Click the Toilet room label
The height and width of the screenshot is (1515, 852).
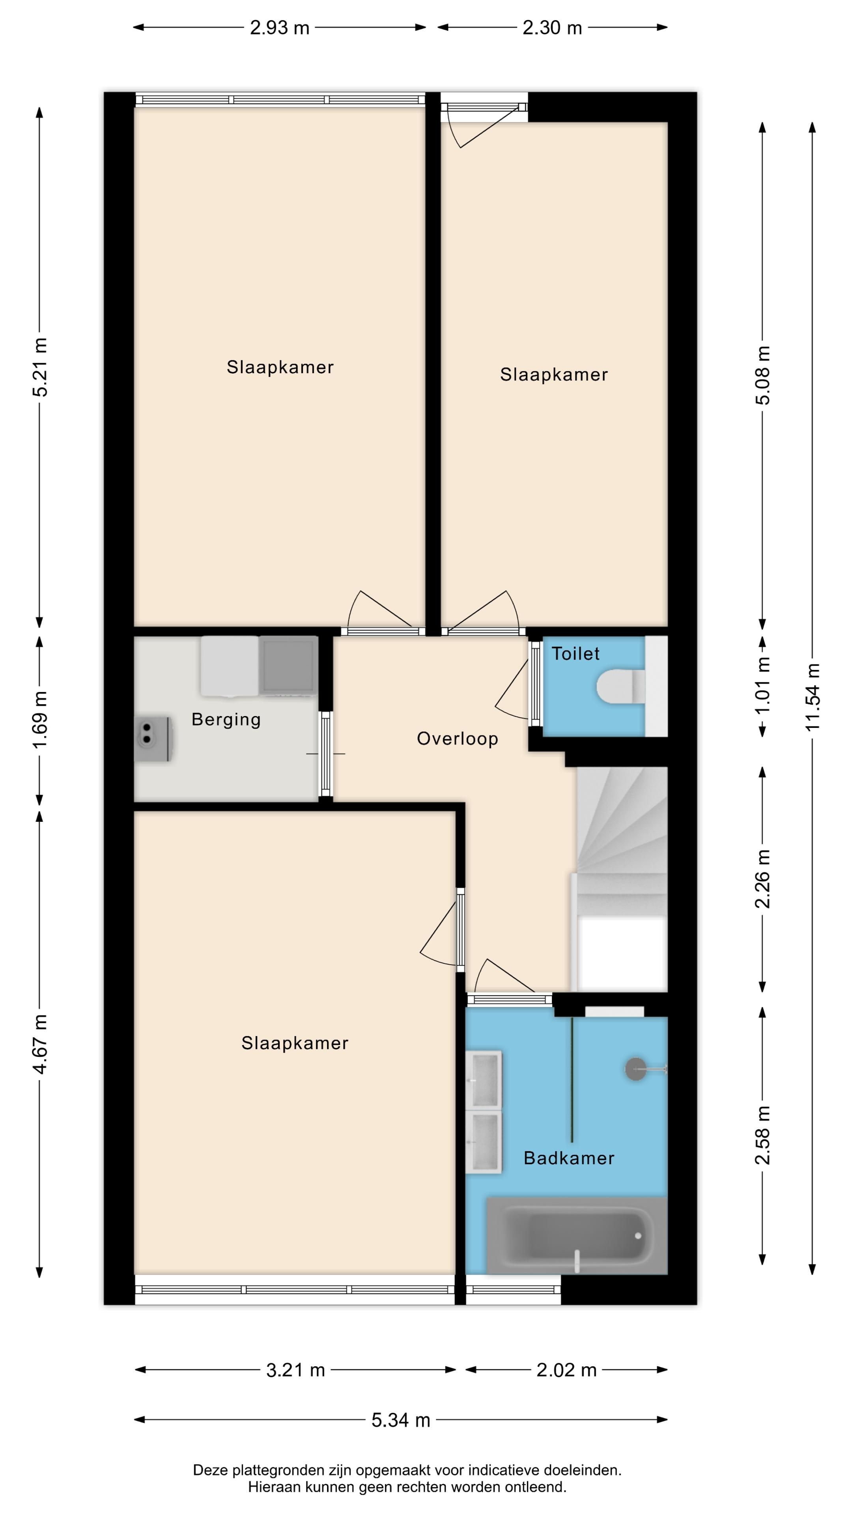(x=575, y=653)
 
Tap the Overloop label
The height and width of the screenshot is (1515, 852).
(x=458, y=739)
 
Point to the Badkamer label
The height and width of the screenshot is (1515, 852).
(x=568, y=1158)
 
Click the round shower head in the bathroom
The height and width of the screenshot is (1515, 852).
(x=635, y=1069)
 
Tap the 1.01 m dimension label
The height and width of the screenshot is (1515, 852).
(x=762, y=686)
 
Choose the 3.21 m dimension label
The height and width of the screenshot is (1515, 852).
(x=296, y=1370)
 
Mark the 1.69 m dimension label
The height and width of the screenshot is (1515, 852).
(x=40, y=720)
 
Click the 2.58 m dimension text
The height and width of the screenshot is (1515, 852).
(x=762, y=1135)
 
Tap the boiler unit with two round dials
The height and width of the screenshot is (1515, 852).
(x=153, y=739)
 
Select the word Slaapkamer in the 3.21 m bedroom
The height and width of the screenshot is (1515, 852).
(x=295, y=1043)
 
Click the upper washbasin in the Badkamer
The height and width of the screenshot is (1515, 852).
(x=484, y=1079)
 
